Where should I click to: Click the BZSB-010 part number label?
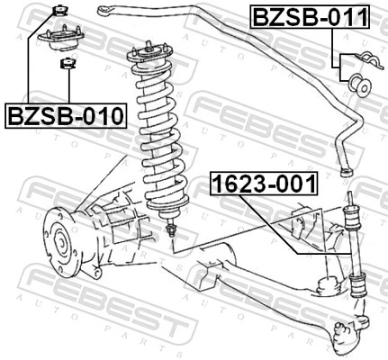click(66, 116)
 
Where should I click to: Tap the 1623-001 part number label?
click(264, 184)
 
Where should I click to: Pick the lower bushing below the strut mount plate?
click(65, 62)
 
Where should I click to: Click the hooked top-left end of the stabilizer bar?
click(107, 11)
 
